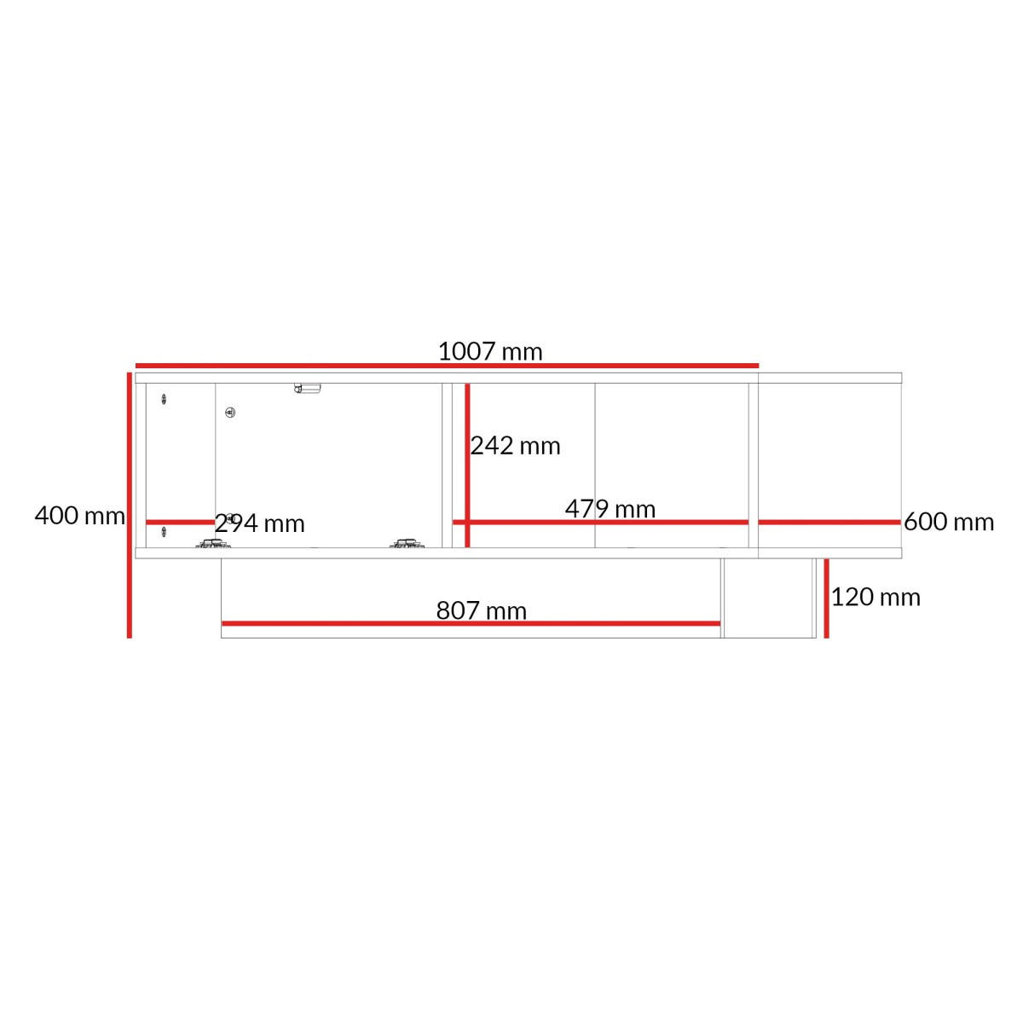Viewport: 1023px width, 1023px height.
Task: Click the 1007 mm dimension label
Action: coord(490,351)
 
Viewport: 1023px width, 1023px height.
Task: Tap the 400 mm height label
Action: coord(79,516)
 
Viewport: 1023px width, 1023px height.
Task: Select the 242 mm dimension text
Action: coord(515,445)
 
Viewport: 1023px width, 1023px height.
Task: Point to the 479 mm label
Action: coord(610,509)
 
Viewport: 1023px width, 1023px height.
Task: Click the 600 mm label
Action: coord(949,522)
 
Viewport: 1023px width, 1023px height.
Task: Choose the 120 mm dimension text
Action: coord(876,598)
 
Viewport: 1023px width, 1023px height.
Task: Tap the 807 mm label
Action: coord(481,610)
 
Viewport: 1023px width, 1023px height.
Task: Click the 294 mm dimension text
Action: coord(260,524)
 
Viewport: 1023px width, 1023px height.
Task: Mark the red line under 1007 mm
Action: coord(447,365)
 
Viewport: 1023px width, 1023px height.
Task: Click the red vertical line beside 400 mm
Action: coord(129,505)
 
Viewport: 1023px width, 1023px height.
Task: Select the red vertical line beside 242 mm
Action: coord(467,465)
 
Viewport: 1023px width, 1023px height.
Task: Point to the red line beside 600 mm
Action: coord(829,523)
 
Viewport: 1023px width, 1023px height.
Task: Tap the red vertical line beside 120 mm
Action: coord(826,598)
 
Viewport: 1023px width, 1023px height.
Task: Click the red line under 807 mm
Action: coord(471,623)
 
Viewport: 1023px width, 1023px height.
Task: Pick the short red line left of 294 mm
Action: coord(181,523)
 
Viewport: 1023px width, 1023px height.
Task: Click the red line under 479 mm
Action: coord(600,523)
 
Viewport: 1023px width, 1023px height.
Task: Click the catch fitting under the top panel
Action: coord(308,388)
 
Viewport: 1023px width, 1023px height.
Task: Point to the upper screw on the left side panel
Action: coord(164,399)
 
